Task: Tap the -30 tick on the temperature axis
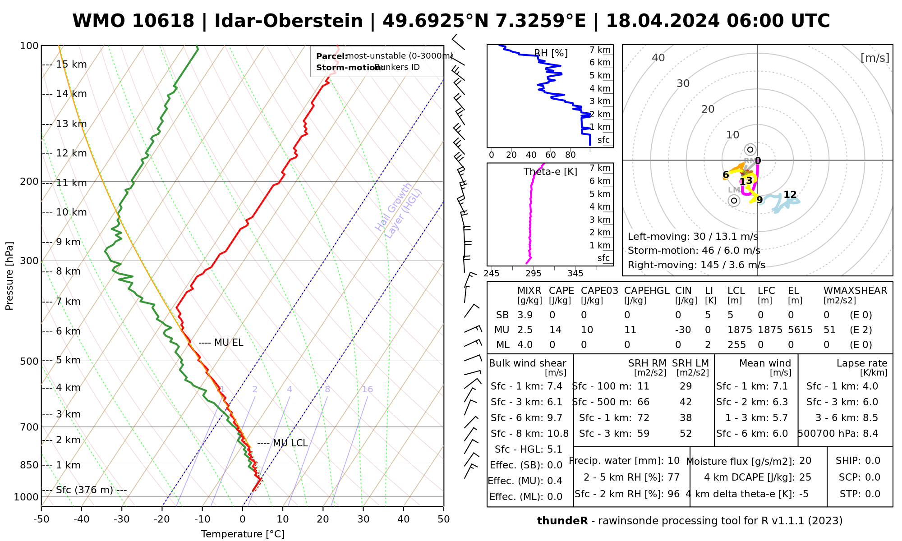click(x=122, y=519)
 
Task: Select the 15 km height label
click(x=71, y=64)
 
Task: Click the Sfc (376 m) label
click(x=84, y=490)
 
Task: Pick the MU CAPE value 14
click(x=555, y=330)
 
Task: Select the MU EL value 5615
click(x=800, y=330)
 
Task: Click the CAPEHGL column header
click(x=647, y=291)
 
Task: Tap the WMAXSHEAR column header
click(x=855, y=291)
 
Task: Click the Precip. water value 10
click(x=673, y=461)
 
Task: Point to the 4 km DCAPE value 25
click(x=805, y=477)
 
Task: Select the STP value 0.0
click(x=872, y=494)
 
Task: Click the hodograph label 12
click(x=790, y=195)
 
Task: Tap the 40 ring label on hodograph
click(x=658, y=58)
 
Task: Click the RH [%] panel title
click(x=551, y=53)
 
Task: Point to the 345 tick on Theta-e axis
click(x=575, y=274)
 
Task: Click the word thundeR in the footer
click(x=562, y=521)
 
